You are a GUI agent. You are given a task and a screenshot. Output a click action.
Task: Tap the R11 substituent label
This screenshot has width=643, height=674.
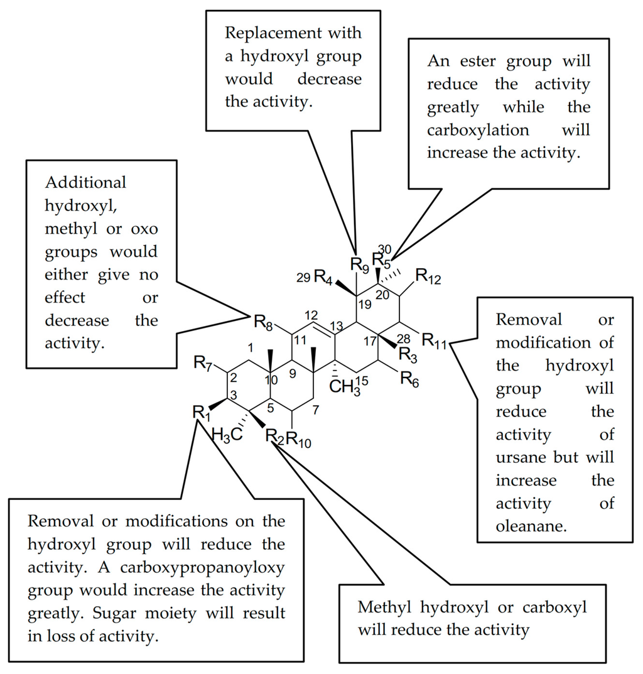433,341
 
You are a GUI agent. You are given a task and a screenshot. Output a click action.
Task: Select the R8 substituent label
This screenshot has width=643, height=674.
263,323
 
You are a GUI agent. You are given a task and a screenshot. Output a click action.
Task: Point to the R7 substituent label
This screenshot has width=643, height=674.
202,362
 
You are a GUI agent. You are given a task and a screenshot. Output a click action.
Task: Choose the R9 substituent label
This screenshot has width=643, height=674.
357,262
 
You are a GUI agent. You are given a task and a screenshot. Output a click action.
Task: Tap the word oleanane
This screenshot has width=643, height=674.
531,526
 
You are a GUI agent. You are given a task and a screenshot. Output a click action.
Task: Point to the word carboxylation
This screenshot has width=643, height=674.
478,130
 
